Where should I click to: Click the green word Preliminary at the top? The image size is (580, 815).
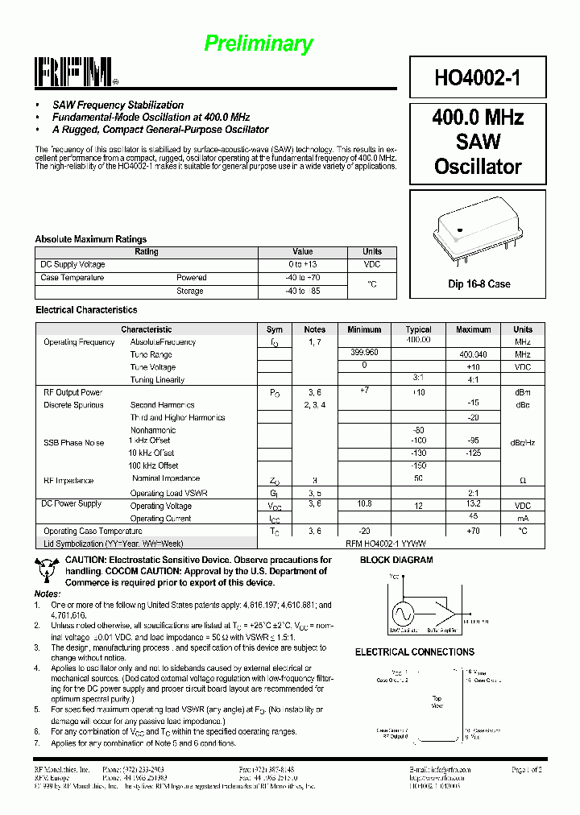click(258, 43)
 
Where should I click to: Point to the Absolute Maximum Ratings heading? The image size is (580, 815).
click(90, 239)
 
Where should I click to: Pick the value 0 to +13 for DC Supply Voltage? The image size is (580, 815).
click(302, 265)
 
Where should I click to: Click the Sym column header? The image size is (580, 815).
click(274, 329)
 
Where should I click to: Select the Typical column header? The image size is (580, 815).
click(418, 329)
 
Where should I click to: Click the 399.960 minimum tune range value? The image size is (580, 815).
click(364, 354)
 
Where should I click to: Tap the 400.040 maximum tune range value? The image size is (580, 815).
click(473, 354)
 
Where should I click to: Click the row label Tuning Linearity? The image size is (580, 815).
click(157, 380)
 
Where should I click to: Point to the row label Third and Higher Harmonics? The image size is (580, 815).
click(177, 418)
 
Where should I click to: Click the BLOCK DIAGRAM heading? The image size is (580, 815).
click(396, 560)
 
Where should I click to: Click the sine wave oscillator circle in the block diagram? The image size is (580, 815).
click(402, 614)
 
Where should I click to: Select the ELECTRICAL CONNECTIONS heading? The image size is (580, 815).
click(414, 652)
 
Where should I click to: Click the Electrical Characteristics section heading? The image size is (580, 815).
click(86, 310)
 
